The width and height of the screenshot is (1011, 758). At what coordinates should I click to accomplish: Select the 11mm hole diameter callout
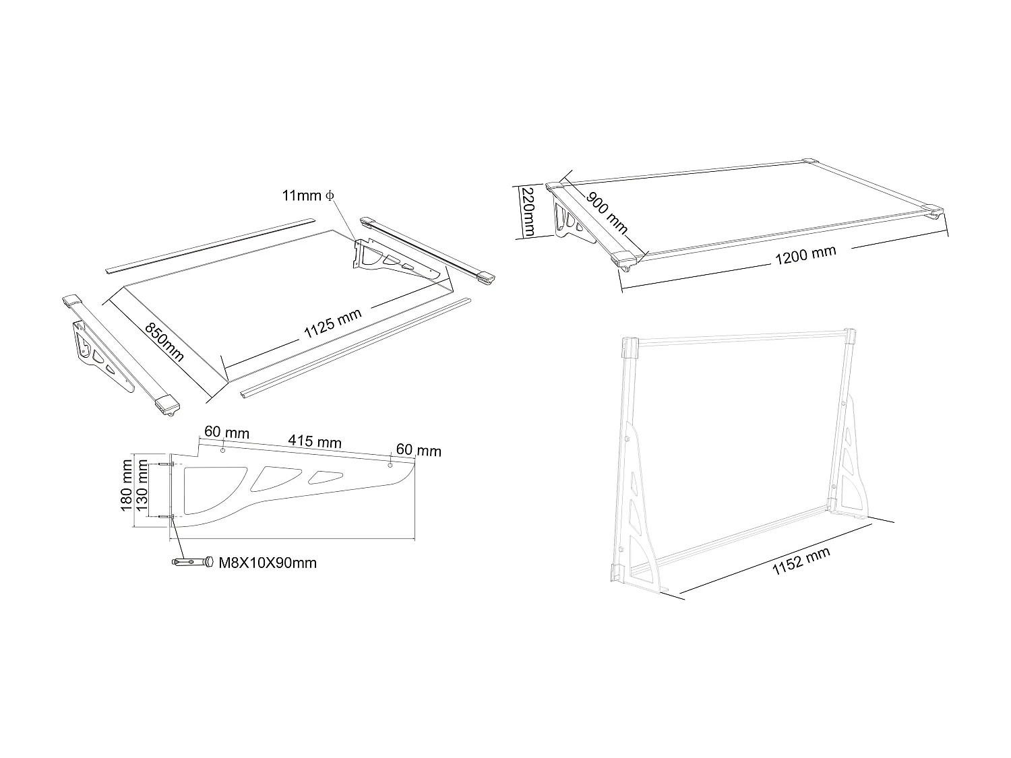point(308,195)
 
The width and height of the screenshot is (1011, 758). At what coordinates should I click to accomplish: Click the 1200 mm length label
point(805,255)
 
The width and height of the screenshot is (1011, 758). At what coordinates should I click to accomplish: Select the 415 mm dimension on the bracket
point(315,441)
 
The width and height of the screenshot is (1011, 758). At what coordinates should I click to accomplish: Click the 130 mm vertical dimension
point(142,491)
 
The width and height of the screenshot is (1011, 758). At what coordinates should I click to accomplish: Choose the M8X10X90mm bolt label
point(268,563)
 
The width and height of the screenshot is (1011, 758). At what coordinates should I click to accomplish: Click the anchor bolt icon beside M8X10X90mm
point(193,561)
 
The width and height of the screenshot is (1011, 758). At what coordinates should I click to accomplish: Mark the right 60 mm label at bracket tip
point(419,450)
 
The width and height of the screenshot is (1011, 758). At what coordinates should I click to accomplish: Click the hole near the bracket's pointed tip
point(390,466)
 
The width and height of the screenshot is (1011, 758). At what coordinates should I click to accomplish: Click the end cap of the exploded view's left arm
point(167,404)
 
